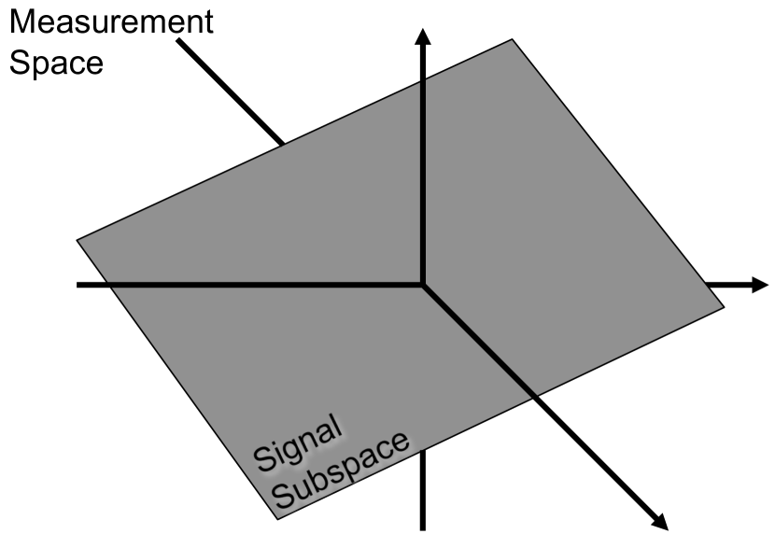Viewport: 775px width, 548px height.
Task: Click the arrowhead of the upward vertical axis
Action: (x=423, y=35)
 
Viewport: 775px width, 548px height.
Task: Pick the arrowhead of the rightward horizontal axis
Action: (x=759, y=285)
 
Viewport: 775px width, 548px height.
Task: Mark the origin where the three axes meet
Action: (x=423, y=285)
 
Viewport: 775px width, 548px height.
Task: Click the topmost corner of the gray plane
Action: (x=512, y=39)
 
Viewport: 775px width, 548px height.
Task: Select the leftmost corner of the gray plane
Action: (x=77, y=240)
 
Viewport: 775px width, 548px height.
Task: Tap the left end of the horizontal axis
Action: (x=79, y=285)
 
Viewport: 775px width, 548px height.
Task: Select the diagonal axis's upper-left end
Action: (x=177, y=42)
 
